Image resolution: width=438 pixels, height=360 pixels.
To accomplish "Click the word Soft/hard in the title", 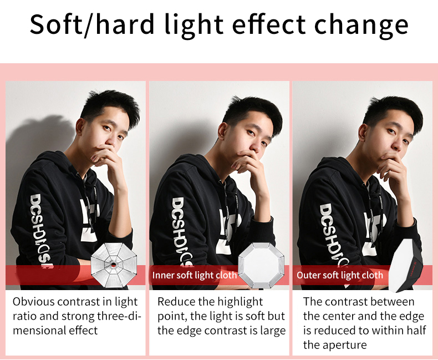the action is tap(92, 24).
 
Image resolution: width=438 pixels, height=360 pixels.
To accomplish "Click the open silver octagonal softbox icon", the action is tap(114, 265).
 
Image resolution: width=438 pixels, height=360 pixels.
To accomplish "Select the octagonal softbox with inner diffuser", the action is tap(261, 265).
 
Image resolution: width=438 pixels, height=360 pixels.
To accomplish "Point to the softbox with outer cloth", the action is tap(405, 266).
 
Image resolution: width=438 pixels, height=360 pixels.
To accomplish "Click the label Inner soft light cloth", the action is tap(195, 275).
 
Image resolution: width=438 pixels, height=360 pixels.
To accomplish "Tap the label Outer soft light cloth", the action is tap(340, 275).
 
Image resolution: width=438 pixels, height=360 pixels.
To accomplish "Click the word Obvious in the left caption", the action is tap(33, 302).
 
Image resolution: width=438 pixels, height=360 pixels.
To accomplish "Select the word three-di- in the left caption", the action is tap(119, 316).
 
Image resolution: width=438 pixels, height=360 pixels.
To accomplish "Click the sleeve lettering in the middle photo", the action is tap(181, 231).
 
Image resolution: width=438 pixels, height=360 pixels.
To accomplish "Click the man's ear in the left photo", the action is tap(80, 126).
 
